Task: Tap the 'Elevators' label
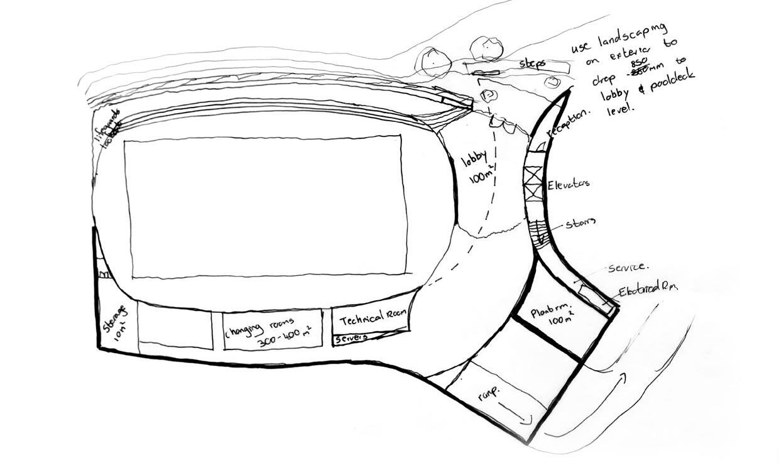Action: (568, 184)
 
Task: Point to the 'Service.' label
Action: (628, 268)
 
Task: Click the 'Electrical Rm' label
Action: (647, 290)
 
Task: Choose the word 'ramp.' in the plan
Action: (488, 395)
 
